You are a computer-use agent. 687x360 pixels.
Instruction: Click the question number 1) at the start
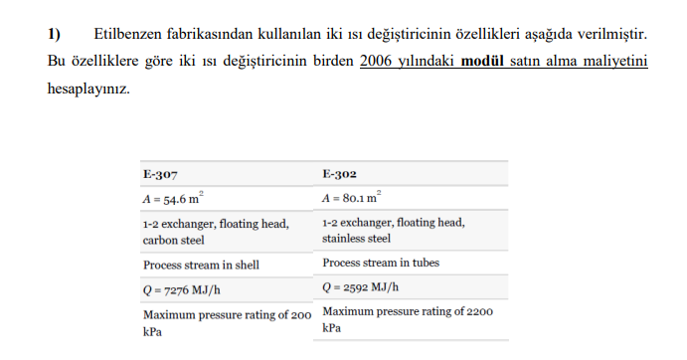(55, 36)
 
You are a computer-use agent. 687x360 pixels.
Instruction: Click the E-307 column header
(160, 173)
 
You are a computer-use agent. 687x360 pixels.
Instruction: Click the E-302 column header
(340, 173)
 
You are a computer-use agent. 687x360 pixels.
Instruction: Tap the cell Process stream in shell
(203, 266)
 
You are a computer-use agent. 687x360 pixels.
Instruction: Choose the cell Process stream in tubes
(384, 264)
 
